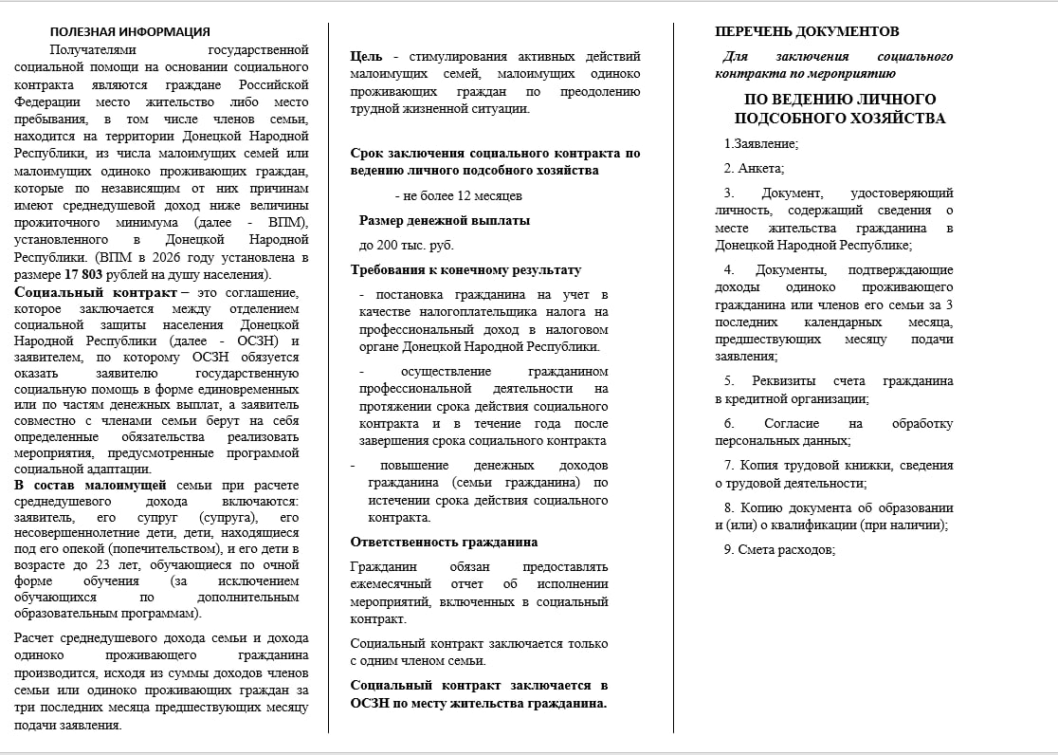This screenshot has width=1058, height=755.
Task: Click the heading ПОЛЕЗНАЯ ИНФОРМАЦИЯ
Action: pyautogui.click(x=130, y=32)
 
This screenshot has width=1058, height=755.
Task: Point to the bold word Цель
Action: pyautogui.click(x=366, y=57)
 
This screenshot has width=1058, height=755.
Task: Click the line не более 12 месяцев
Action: pyautogui.click(x=458, y=195)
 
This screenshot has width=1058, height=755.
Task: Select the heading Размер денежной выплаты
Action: pyautogui.click(x=444, y=220)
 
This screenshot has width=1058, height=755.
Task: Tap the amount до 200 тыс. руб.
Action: pyautogui.click(x=400, y=245)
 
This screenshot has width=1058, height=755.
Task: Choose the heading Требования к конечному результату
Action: pyautogui.click(x=465, y=269)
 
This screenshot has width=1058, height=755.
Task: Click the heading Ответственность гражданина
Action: pyautogui.click(x=444, y=542)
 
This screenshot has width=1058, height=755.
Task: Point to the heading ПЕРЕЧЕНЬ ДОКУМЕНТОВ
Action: pyautogui.click(x=807, y=31)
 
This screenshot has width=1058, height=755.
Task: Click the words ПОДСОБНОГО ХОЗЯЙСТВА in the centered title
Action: pyautogui.click(x=839, y=119)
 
